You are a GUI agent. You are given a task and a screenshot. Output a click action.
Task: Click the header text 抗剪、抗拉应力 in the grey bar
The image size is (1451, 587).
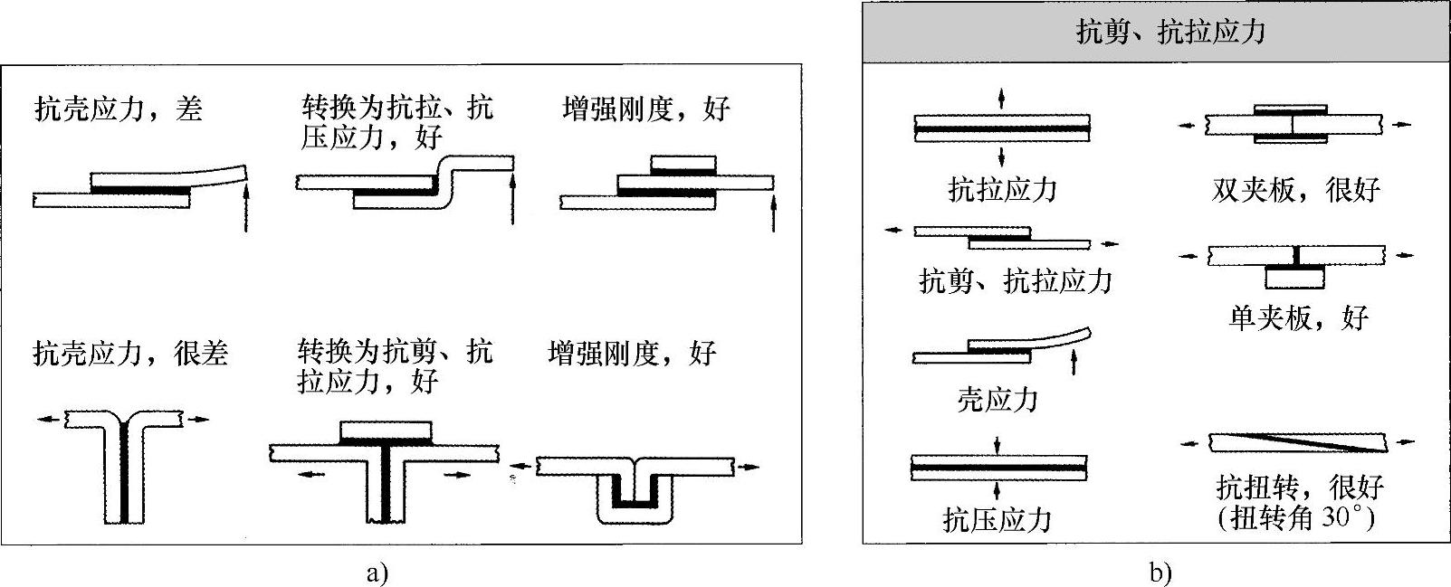[1169, 33]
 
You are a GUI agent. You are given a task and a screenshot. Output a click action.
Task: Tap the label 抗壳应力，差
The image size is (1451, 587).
[118, 109]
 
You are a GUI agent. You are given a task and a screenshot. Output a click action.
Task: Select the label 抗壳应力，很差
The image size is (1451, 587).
[130, 353]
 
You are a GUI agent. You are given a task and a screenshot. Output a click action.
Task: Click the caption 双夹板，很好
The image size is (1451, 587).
[1295, 189]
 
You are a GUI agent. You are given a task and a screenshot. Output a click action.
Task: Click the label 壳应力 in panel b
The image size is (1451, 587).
[997, 399]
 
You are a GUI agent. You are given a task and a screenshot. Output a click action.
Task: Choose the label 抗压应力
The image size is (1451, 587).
[997, 519]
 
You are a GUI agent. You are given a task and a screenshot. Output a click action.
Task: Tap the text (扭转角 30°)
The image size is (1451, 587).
[1296, 518]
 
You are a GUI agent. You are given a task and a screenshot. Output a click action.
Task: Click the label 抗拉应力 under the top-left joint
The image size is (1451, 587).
[1002, 189]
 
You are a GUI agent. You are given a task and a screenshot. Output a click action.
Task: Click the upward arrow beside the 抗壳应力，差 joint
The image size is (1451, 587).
[246, 208]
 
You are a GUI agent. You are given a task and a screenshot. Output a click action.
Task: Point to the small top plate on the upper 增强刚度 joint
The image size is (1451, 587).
[683, 165]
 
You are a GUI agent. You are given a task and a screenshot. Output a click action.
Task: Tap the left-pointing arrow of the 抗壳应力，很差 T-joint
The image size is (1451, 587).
[51, 419]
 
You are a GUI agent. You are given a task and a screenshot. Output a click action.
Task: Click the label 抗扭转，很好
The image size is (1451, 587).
[1300, 488]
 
